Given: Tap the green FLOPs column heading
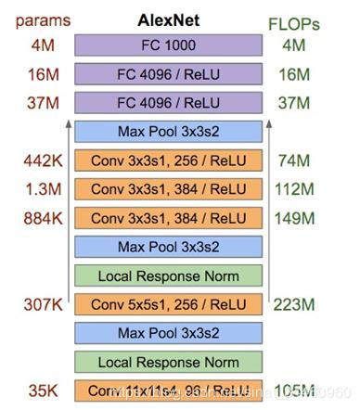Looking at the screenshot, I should pos(294,20).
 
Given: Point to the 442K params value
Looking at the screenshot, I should pos(43,160).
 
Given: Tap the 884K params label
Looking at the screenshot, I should pos(43,218).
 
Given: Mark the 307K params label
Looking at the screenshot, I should pos(43,304).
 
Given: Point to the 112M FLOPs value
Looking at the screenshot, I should pos(293,189).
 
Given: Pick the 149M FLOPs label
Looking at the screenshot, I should pos(293,218).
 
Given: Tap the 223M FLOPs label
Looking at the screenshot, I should pos(293,304).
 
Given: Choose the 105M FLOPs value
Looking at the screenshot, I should pos(293,390).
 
